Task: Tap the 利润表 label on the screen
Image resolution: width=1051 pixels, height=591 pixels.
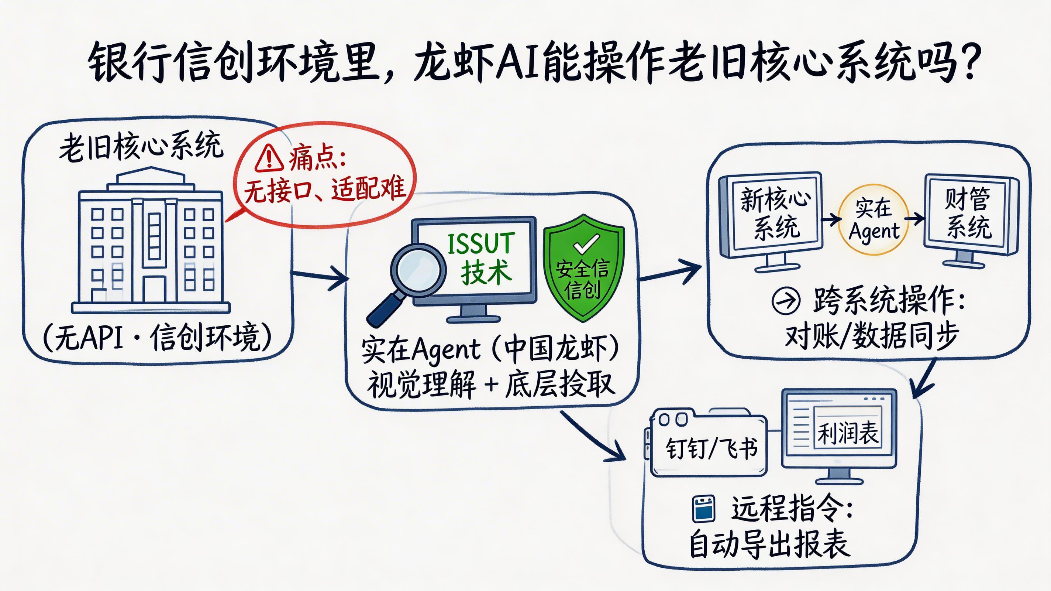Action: tap(848, 433)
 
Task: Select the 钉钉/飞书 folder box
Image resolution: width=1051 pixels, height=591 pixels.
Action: tap(710, 448)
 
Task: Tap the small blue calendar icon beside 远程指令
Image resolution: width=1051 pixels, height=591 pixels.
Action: tap(704, 509)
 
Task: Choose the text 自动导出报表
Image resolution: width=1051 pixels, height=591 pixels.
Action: tap(769, 545)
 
